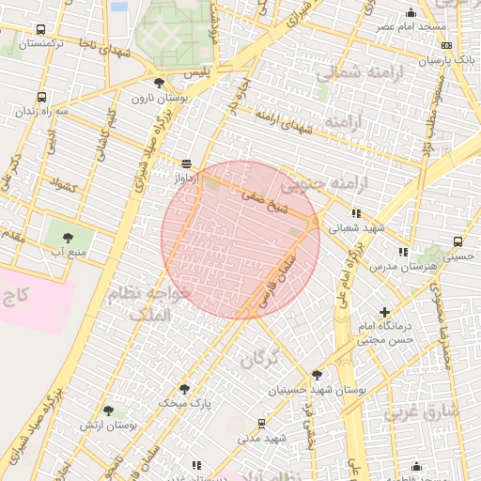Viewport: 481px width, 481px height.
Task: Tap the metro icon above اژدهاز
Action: coord(185,162)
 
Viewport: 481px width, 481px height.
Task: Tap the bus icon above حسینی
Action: coord(457,240)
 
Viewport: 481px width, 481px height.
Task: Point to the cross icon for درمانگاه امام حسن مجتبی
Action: coord(383,312)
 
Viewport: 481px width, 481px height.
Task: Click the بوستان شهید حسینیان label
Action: coord(328,389)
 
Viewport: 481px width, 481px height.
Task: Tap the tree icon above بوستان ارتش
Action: coord(109,411)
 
